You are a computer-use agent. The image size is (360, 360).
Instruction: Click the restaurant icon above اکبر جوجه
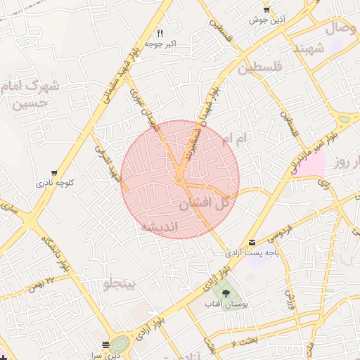(x=160, y=33)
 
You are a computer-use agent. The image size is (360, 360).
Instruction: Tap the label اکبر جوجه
(x=160, y=44)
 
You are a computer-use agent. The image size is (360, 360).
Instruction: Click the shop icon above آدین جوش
(x=266, y=9)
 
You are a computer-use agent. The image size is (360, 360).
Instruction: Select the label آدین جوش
(x=265, y=20)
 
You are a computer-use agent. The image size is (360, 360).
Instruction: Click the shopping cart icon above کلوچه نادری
(x=55, y=173)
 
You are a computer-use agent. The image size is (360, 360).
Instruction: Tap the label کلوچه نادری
(x=55, y=184)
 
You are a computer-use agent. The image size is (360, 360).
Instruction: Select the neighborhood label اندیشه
(x=162, y=227)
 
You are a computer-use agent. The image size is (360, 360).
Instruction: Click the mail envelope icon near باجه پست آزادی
(x=252, y=241)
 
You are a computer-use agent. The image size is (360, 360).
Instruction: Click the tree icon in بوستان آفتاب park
(x=226, y=294)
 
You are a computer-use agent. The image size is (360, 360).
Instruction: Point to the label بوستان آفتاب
(x=223, y=305)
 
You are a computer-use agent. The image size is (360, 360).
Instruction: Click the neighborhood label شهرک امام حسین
(x=32, y=94)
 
